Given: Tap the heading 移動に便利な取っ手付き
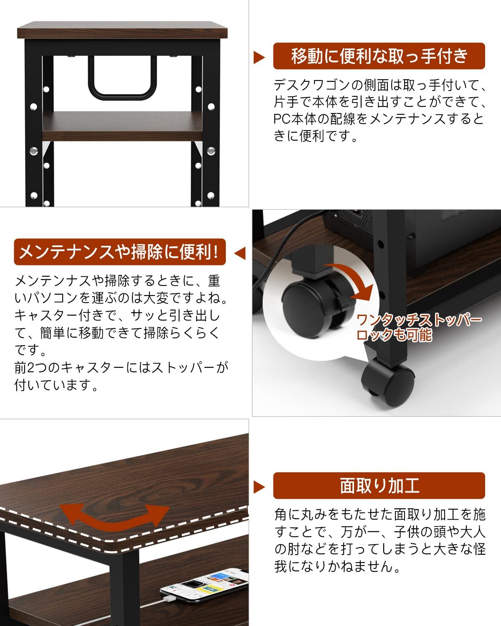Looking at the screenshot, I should [x=379, y=56].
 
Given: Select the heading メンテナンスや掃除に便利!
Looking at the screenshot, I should [x=119, y=252].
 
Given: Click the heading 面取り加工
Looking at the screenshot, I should [x=379, y=485].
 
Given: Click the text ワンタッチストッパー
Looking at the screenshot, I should [x=419, y=321].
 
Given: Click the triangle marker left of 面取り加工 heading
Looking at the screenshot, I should [x=259, y=487].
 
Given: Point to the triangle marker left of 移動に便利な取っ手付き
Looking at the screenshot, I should [x=259, y=57].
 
